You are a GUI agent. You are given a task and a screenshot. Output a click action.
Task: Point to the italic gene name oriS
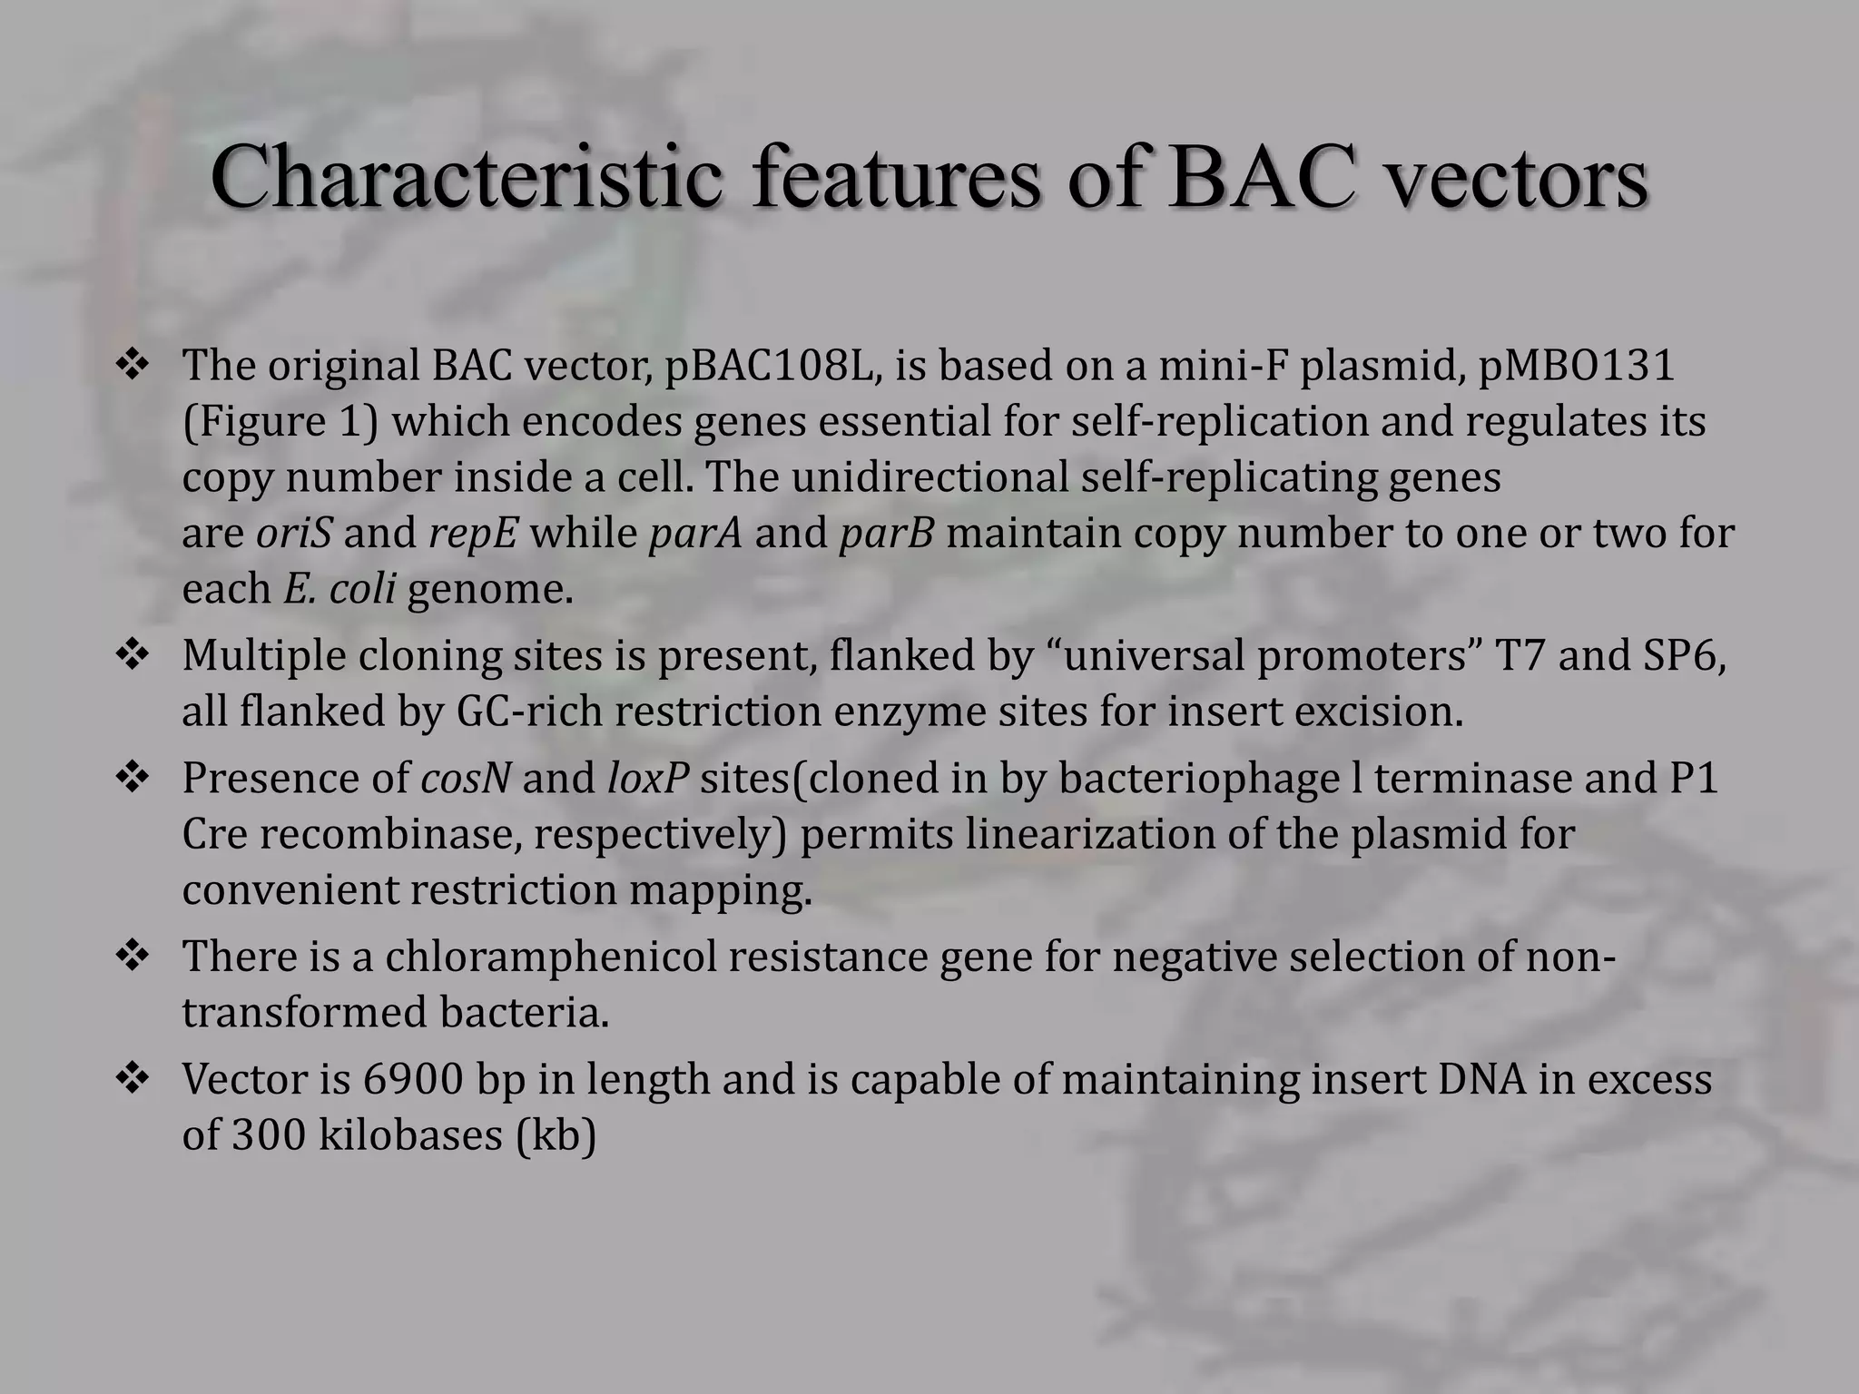[294, 534]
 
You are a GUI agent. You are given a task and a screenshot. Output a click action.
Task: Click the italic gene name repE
[473, 534]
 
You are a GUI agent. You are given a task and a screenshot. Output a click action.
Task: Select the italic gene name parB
[886, 534]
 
